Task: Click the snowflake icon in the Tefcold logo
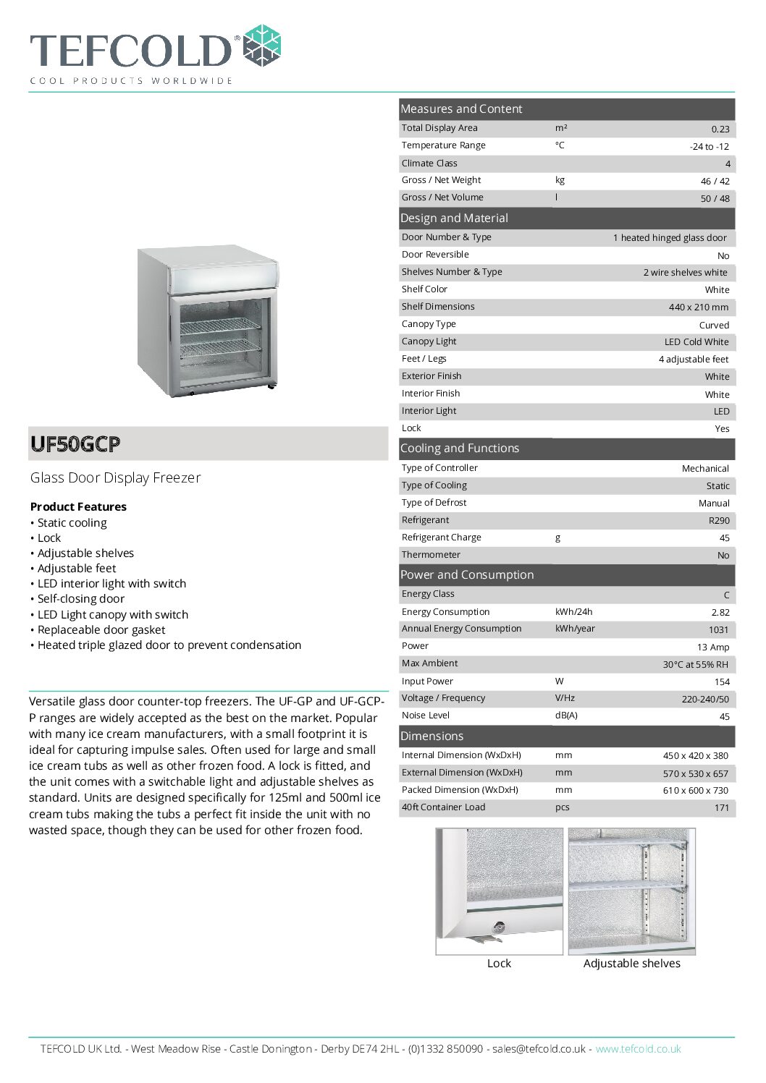pyautogui.click(x=261, y=46)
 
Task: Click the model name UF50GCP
pyautogui.click(x=75, y=443)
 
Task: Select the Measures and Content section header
pyautogui.click(x=461, y=109)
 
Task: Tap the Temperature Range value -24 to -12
pyautogui.click(x=709, y=146)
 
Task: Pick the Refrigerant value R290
pyautogui.click(x=719, y=521)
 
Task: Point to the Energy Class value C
pyautogui.click(x=726, y=595)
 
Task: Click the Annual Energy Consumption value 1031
pyautogui.click(x=719, y=629)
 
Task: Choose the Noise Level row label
pyautogui.click(x=426, y=715)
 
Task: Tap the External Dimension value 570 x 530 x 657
pyautogui.click(x=695, y=773)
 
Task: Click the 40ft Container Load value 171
pyautogui.click(x=721, y=808)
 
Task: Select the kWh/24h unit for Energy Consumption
pyautogui.click(x=573, y=612)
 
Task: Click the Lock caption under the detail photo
pyautogui.click(x=499, y=964)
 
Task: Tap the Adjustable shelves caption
pyautogui.click(x=631, y=964)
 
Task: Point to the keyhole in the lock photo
pyautogui.click(x=498, y=927)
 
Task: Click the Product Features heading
pyautogui.click(x=78, y=506)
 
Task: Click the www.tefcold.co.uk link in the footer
pyautogui.click(x=638, y=1049)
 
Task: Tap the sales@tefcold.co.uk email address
pyautogui.click(x=539, y=1049)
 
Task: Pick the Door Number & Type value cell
pyautogui.click(x=669, y=238)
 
